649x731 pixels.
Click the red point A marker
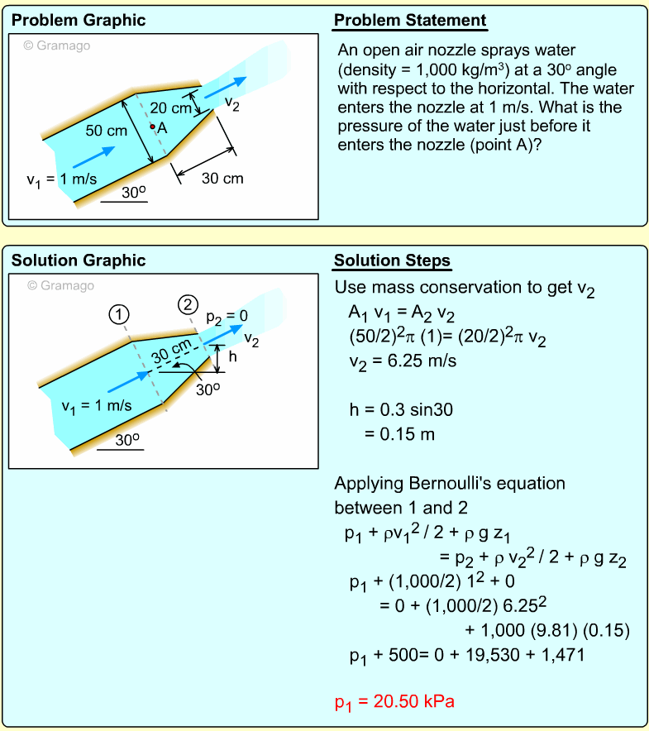pyautogui.click(x=152, y=127)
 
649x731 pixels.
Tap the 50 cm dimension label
pyautogui.click(x=106, y=131)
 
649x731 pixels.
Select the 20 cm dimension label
pyautogui.click(x=170, y=108)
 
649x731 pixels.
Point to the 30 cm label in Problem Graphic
pyautogui.click(x=222, y=178)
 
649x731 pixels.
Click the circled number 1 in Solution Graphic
pyautogui.click(x=120, y=314)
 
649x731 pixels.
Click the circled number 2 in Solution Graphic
pyautogui.click(x=188, y=304)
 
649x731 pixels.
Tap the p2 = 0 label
pyautogui.click(x=227, y=316)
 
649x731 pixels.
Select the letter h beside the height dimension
pyautogui.click(x=232, y=357)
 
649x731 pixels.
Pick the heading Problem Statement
pyautogui.click(x=410, y=21)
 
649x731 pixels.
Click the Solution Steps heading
pyautogui.click(x=392, y=260)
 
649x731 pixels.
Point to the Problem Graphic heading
pyautogui.click(x=79, y=21)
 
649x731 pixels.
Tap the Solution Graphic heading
pyautogui.click(x=79, y=260)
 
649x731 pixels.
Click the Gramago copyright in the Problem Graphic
pyautogui.click(x=57, y=45)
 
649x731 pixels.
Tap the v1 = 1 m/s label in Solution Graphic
pyautogui.click(x=97, y=405)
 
